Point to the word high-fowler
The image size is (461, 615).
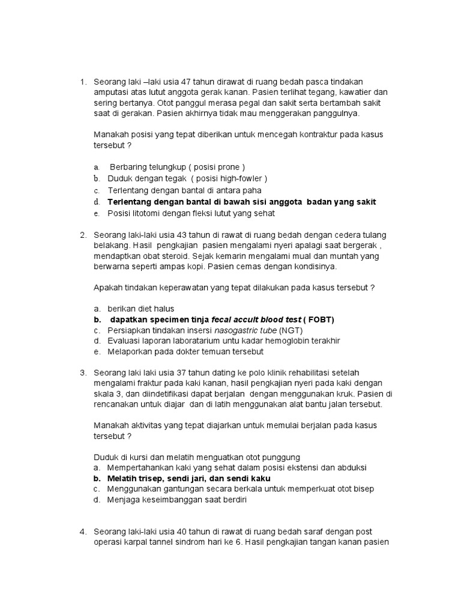(x=241, y=178)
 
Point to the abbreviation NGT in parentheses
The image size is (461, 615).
(x=294, y=330)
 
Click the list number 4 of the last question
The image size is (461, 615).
(x=83, y=532)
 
